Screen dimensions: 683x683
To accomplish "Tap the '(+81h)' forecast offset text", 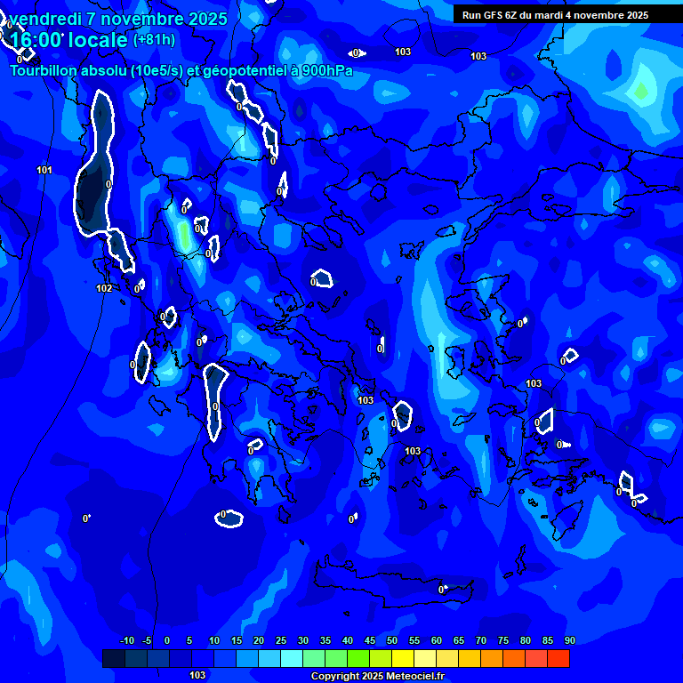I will pos(154,39).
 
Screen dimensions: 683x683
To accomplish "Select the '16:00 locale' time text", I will pos(68,40).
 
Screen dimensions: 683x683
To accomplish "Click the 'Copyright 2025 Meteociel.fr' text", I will pos(377,676).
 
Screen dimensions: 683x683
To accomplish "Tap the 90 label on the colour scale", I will pos(569,641).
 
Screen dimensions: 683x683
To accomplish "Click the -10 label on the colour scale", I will pos(127,641).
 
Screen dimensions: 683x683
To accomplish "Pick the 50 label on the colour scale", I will pos(392,641).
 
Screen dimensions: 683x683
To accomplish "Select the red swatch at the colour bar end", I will pos(558,658).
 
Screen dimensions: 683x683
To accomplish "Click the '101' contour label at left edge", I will pos(44,170).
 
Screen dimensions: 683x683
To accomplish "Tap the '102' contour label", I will pos(104,288).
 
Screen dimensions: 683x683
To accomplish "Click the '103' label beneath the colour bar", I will pos(197,675).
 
